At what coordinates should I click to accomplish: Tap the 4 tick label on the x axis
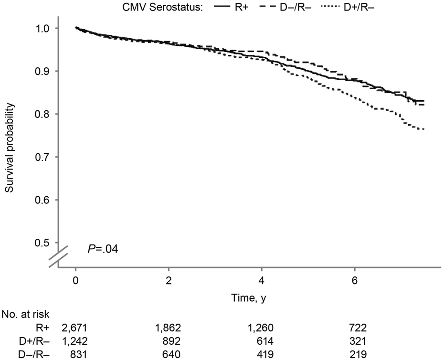point(262,279)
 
